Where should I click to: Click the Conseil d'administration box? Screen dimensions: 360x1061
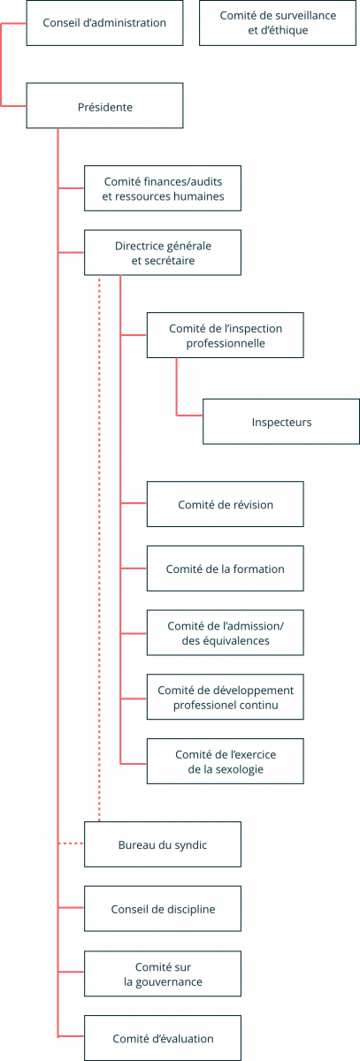pos(104,23)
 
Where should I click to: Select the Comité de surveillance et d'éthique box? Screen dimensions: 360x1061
pos(278,23)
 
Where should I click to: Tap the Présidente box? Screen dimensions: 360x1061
pos(104,105)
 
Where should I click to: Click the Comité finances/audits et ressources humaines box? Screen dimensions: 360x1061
pos(163,188)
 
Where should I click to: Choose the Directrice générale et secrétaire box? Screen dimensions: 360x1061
pos(163,253)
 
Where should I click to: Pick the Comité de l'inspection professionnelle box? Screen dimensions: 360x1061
pos(225,335)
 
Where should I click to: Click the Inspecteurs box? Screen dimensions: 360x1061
pos(281,422)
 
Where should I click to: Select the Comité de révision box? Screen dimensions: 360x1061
pos(225,504)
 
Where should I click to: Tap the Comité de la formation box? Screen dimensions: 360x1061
pos(225,569)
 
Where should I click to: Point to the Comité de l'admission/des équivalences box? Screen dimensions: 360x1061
pos(225,633)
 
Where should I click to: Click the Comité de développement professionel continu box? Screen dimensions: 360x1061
pos(225,697)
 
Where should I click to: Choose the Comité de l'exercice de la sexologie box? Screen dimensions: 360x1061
pos(225,761)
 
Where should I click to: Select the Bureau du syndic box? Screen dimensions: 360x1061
pos(163,844)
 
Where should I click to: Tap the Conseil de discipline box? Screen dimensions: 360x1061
pos(163,909)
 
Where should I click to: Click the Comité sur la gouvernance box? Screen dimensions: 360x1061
pos(163,973)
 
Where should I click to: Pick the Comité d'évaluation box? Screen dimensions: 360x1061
pos(163,1038)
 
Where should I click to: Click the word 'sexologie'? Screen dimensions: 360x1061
pos(238,769)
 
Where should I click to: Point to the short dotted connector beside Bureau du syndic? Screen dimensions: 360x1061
pos(71,843)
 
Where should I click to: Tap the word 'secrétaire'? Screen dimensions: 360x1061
pos(172,261)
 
